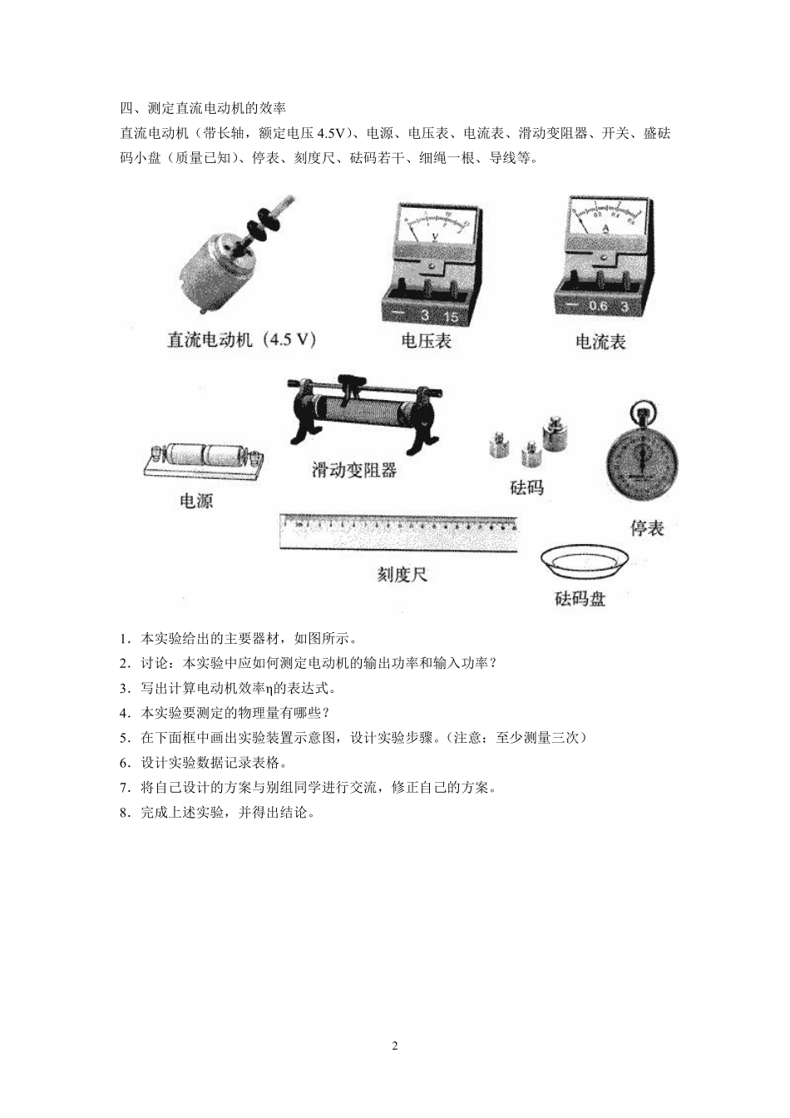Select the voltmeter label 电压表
426,341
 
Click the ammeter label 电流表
600,341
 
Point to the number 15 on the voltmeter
451,316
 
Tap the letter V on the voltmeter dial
436,236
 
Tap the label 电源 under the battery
196,502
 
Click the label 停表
647,528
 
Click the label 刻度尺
402,574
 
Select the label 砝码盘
580,599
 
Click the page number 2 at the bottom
395,1046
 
